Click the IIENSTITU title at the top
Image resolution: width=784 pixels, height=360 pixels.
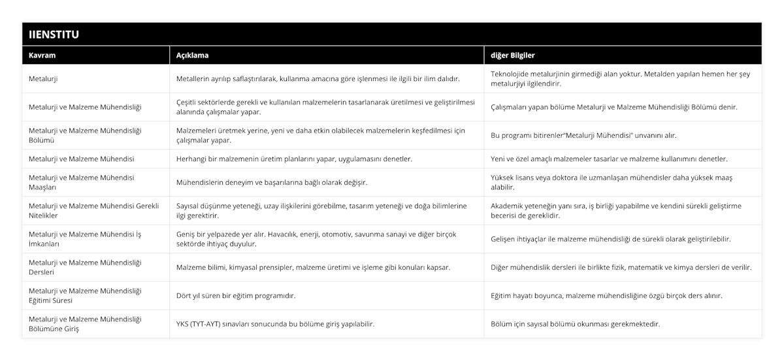(54, 34)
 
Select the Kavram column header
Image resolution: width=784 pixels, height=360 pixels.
(42, 56)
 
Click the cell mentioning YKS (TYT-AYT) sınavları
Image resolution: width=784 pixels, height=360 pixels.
(276, 324)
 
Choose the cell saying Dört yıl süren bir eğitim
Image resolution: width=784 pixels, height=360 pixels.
(236, 296)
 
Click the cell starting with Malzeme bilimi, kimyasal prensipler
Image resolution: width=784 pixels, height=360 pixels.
(313, 267)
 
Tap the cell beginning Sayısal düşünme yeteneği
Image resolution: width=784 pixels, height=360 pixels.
(321, 210)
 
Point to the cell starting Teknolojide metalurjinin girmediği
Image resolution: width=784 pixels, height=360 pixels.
(620, 79)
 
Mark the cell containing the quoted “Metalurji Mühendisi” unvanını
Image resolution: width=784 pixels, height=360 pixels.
(593, 136)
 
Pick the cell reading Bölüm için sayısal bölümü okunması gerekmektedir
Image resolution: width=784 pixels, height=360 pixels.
(575, 324)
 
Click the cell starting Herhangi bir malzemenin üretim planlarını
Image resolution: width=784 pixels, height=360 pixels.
(295, 159)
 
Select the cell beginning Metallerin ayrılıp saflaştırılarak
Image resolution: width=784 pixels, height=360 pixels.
(318, 79)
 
